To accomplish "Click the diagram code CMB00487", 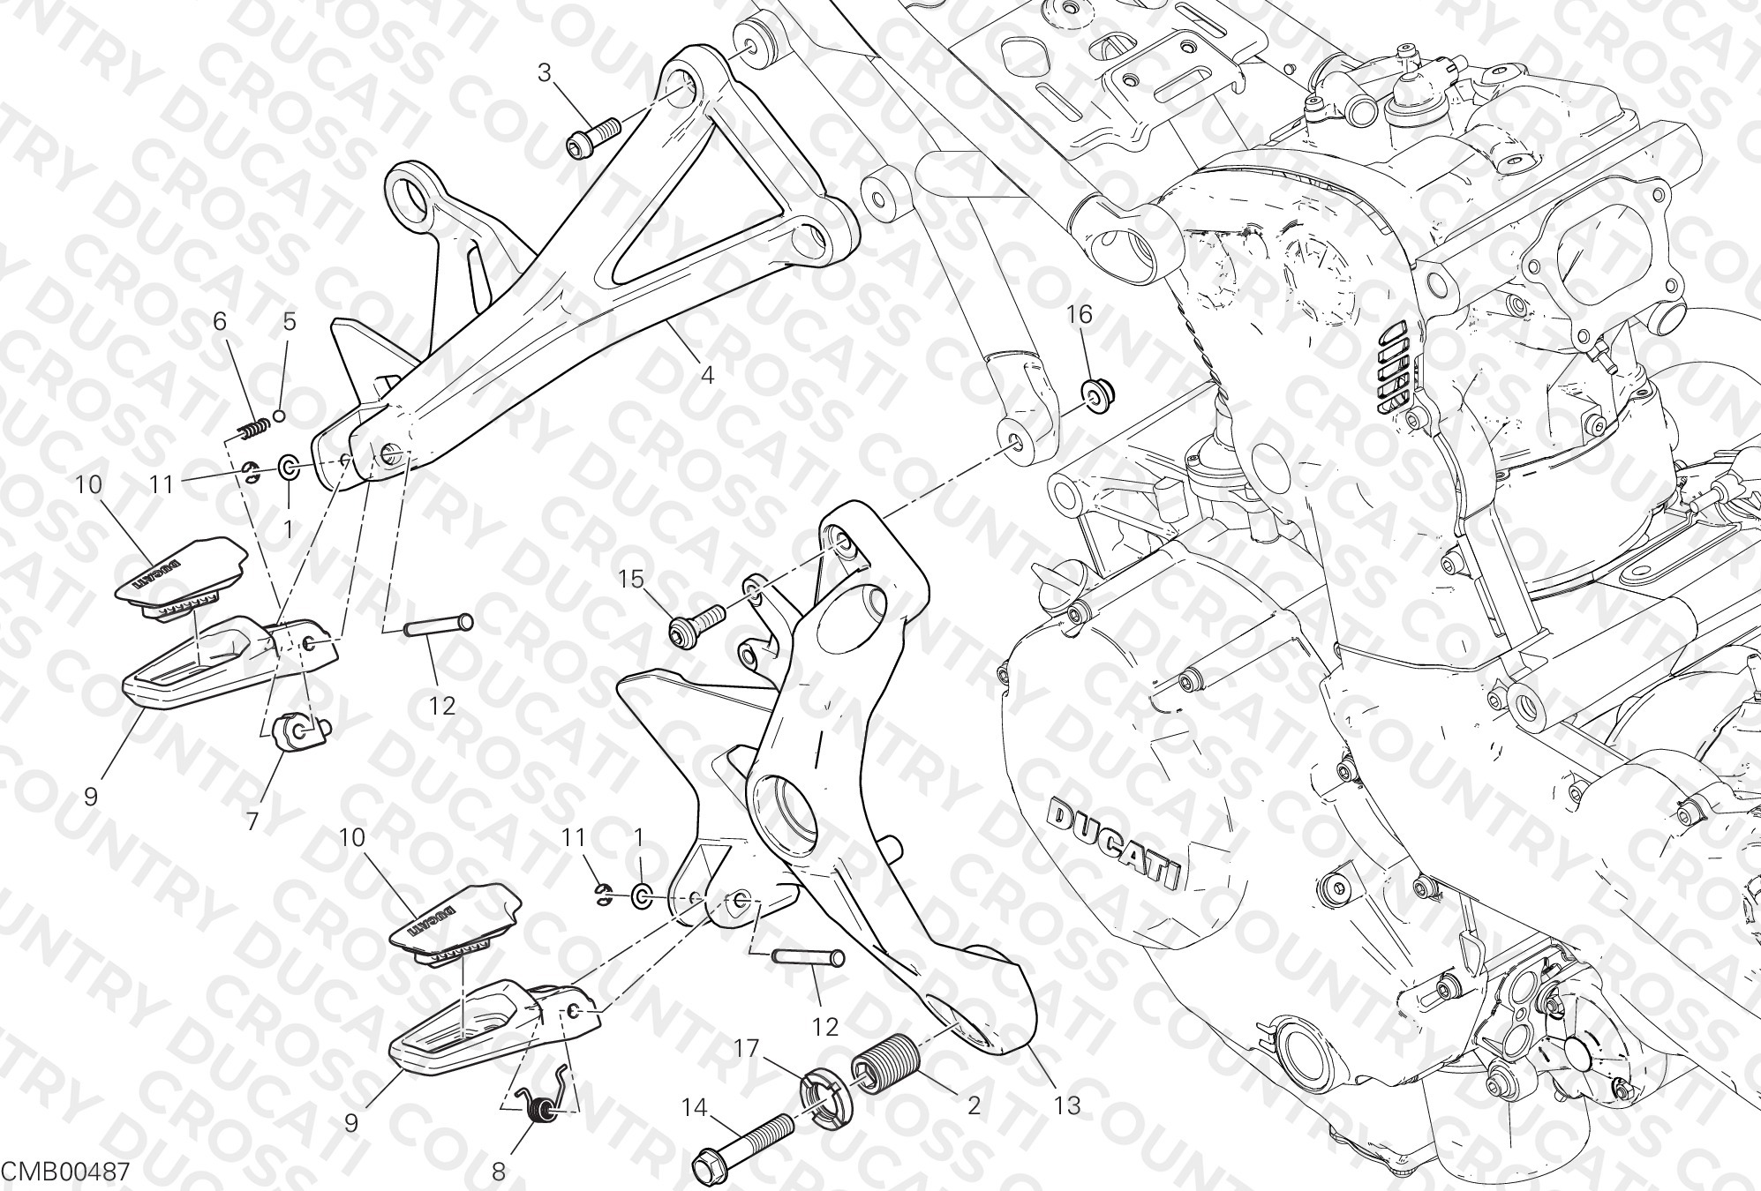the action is pyautogui.click(x=67, y=1172).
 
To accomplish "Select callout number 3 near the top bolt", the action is pyautogui.click(x=545, y=72).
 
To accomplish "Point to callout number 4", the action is pyautogui.click(x=707, y=376).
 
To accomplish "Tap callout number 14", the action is pyautogui.click(x=696, y=1106).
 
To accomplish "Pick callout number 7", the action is pyautogui.click(x=252, y=822).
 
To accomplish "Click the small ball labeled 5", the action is pyautogui.click(x=280, y=391).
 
